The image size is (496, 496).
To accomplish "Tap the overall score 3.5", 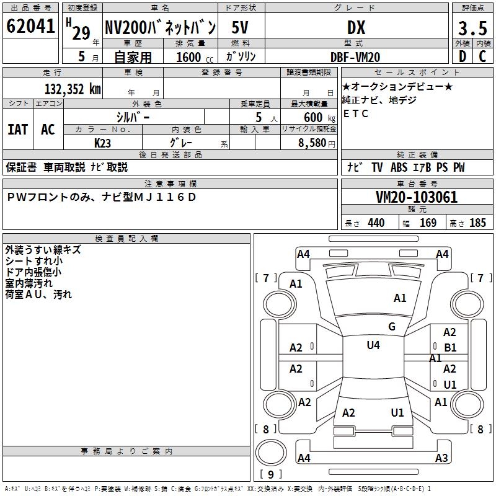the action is tap(471, 29).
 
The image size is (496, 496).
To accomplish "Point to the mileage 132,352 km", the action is tap(73, 89).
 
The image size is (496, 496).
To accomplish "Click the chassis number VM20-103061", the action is tap(417, 197).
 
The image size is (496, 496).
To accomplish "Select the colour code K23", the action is tap(103, 143).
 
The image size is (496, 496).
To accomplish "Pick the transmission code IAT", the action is tap(17, 130).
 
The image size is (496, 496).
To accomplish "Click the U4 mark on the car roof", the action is tap(373, 345).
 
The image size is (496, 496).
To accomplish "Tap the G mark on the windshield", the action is tap(392, 327).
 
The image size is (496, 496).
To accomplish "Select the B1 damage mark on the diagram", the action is tap(450, 348).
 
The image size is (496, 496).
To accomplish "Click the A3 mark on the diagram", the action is tap(441, 458).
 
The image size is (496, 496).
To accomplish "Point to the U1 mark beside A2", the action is tap(450, 384).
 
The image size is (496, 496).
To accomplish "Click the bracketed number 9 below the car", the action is tap(270, 474).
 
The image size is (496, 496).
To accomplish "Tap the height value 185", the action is tap(477, 223).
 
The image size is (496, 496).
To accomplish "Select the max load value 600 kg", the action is tap(316, 117).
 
